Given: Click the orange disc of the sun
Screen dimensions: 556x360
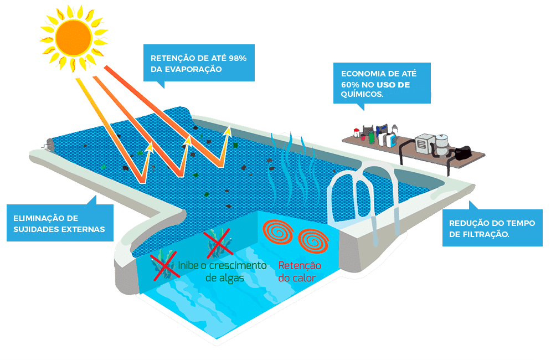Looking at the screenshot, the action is click(74, 37).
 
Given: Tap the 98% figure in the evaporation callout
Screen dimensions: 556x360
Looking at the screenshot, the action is click(238, 58).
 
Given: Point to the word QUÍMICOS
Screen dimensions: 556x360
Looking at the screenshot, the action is click(362, 94).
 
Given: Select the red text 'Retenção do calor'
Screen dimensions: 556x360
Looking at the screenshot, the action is click(300, 272).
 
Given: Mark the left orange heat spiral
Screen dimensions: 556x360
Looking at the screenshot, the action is click(278, 232).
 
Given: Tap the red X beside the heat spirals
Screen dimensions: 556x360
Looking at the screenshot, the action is click(218, 243).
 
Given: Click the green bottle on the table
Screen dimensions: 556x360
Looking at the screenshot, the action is click(371, 137).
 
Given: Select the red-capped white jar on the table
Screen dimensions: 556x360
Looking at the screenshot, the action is click(357, 133).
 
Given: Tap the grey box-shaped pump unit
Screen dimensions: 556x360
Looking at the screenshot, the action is click(425, 143).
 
